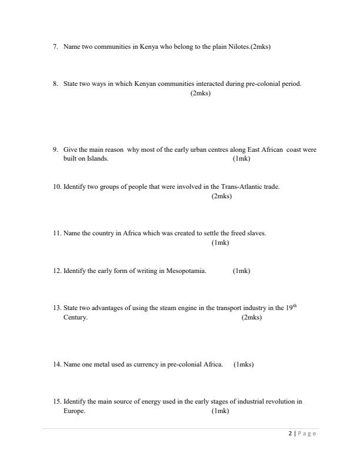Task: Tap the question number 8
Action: click(55, 84)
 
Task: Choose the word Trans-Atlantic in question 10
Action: click(239, 187)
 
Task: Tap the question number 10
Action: click(56, 187)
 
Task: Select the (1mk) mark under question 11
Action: click(220, 242)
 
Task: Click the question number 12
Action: click(56, 271)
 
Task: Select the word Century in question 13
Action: click(75, 317)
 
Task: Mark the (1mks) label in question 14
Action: click(244, 364)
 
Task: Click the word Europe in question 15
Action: click(74, 411)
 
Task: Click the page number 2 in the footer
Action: click(290, 434)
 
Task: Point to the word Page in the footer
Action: click(307, 434)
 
